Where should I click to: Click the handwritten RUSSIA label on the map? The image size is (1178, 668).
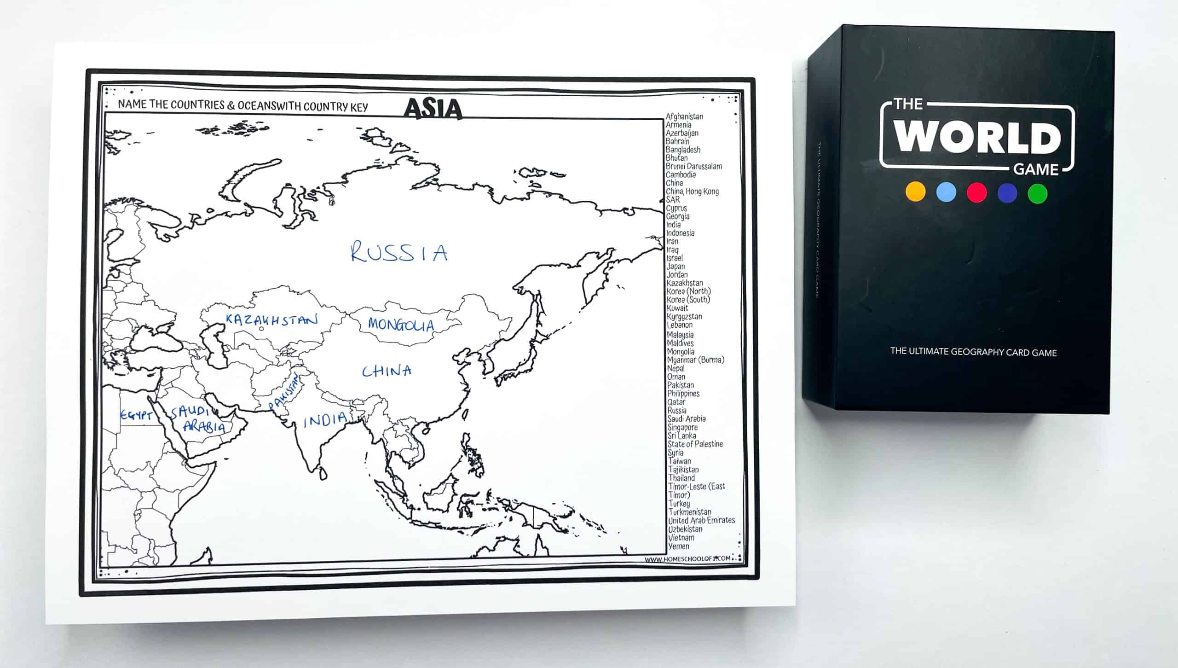pos(398,253)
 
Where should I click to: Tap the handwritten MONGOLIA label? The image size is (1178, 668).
pos(401,325)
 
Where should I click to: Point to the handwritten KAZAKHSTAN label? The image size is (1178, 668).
pos(271,320)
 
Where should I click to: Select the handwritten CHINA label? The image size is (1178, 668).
pos(387,371)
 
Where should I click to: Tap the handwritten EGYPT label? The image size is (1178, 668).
pos(136,415)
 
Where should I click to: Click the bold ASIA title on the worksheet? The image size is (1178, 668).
pos(433,109)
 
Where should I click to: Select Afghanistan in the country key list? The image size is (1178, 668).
pos(684,116)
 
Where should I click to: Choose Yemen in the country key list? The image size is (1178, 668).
pos(679,546)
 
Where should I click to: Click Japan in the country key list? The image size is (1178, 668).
pos(676,266)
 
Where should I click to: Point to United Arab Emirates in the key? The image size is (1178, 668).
pos(701,520)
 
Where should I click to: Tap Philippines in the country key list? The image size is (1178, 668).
pos(683,394)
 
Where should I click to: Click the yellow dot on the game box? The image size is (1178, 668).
pos(915,192)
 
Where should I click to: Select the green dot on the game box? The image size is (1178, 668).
pos(1037,193)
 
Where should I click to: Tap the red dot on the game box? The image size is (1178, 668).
pos(976,192)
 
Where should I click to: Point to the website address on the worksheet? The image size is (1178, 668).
pos(687,559)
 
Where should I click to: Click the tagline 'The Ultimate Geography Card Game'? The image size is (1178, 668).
pos(973,352)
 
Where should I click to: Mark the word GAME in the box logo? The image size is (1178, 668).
pos(1036,170)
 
